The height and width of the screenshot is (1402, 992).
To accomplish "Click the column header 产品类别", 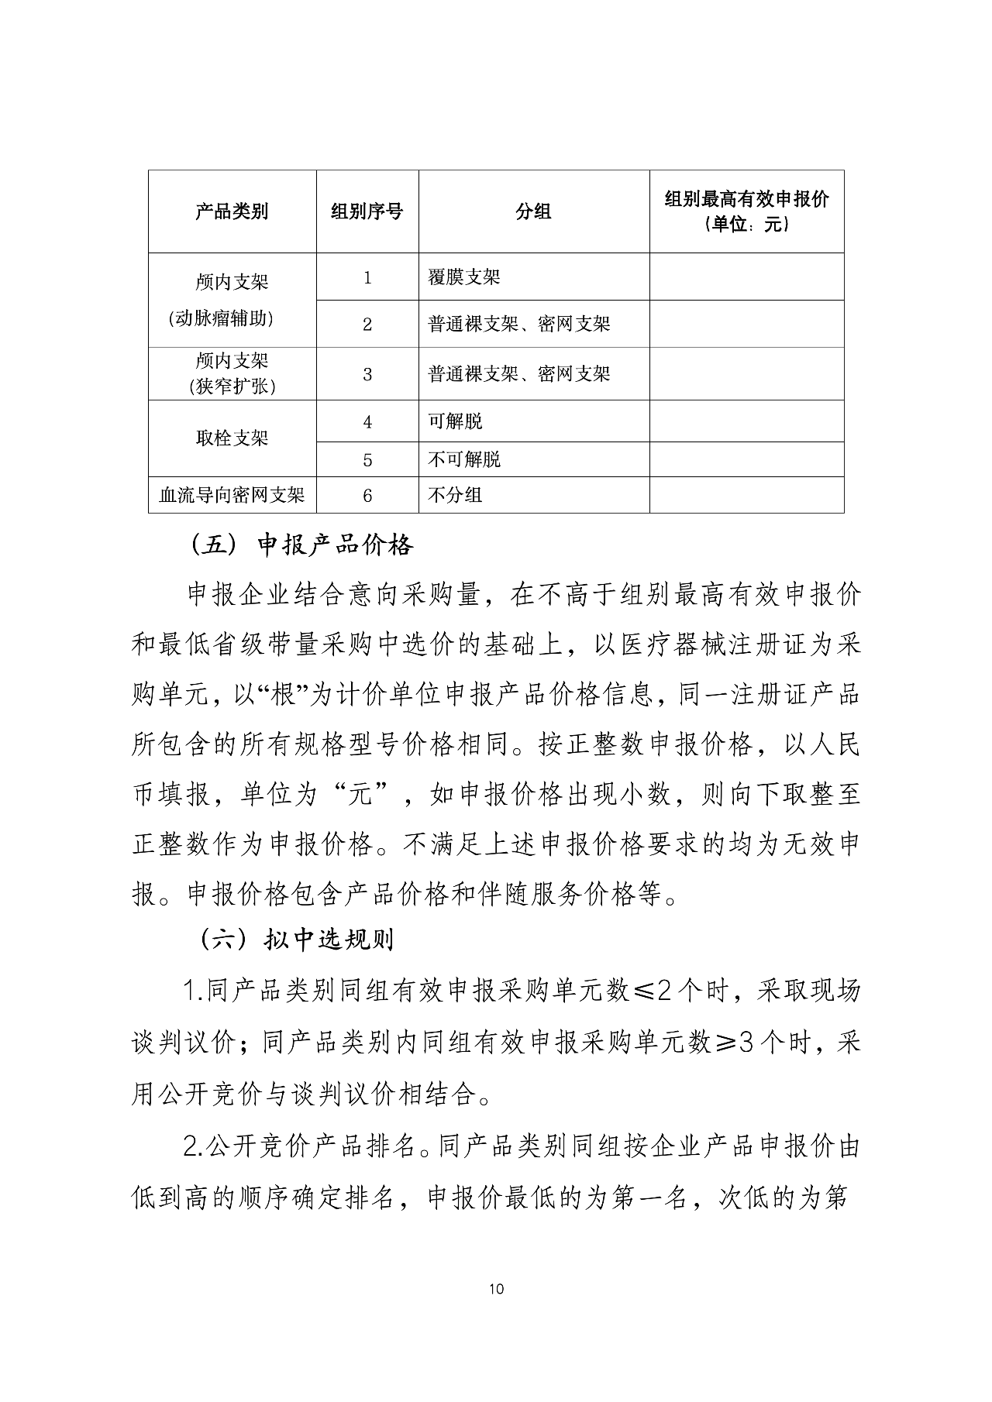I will click(x=232, y=211).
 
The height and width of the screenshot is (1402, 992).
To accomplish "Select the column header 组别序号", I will click(x=367, y=211).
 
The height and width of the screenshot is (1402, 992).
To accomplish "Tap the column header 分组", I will click(x=533, y=211).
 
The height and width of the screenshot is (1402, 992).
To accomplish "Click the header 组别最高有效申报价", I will click(x=746, y=200).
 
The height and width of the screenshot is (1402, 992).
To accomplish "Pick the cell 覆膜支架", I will click(x=464, y=277).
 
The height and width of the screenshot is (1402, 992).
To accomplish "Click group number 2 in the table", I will click(x=367, y=325).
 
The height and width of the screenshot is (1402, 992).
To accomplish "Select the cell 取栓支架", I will click(x=232, y=438).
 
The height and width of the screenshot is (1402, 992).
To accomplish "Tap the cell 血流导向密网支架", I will click(x=232, y=495).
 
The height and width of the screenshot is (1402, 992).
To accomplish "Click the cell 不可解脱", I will click(x=464, y=459).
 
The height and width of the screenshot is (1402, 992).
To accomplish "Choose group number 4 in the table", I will click(x=367, y=422).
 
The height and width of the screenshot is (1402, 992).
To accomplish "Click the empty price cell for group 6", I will click(x=746, y=494).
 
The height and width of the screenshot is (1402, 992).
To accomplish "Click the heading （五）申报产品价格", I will click(x=302, y=545).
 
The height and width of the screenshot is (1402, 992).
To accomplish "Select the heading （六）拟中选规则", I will click(x=298, y=940).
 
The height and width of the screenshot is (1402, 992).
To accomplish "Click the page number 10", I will click(x=497, y=1290).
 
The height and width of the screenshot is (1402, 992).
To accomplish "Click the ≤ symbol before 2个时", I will click(x=642, y=991).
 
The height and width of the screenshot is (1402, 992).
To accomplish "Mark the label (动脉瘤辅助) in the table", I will click(x=232, y=318).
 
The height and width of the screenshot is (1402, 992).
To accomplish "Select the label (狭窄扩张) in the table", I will click(x=232, y=386).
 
